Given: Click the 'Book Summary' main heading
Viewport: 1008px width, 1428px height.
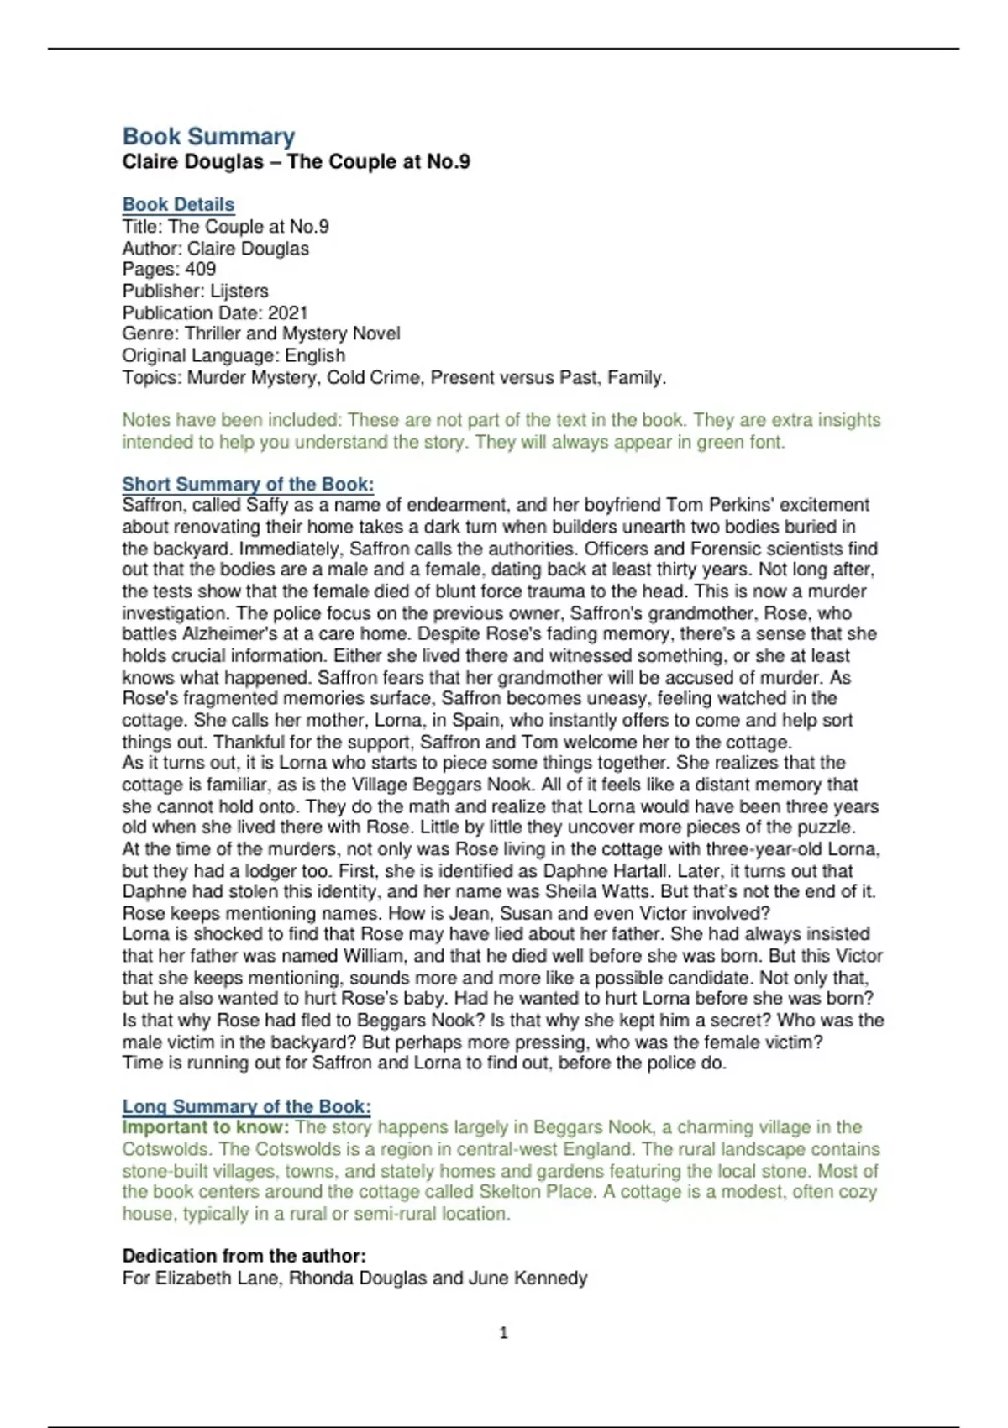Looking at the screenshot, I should point(208,137).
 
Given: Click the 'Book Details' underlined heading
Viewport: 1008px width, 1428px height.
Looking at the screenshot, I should point(178,204).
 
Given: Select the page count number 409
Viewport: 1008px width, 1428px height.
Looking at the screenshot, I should point(201,269).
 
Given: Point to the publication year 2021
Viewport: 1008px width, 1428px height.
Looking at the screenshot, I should point(288,312).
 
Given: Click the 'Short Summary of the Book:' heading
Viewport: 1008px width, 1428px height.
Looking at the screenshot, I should point(248,484).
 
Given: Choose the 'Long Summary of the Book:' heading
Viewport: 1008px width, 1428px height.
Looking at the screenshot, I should point(246,1106).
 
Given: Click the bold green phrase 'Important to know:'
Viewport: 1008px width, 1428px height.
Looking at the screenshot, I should point(206,1127).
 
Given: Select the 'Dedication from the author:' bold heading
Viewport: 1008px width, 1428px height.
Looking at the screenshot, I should point(244,1256).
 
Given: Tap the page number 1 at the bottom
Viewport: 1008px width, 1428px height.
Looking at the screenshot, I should point(503,1332).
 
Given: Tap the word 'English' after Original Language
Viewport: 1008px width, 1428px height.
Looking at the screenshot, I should point(314,355).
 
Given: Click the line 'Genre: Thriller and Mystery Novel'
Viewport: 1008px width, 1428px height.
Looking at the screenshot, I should point(260,333).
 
